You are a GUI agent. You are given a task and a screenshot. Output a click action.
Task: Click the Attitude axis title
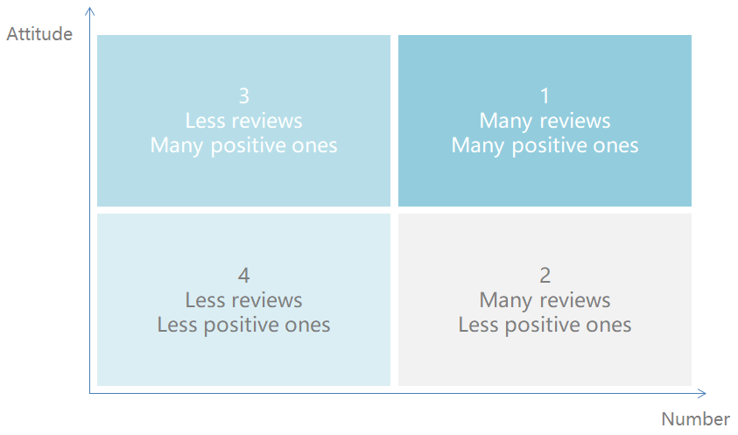click(x=39, y=34)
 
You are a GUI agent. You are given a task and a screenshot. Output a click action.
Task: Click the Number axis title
click(x=695, y=418)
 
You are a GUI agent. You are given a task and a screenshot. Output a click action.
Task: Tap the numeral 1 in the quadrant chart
click(x=545, y=96)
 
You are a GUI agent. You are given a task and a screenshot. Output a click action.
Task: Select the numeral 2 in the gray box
click(x=545, y=276)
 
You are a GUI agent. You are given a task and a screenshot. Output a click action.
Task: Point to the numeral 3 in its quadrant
click(x=243, y=96)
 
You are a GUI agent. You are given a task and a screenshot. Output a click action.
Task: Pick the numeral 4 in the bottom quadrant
click(x=243, y=276)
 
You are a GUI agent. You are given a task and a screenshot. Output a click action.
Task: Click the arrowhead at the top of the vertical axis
click(x=89, y=11)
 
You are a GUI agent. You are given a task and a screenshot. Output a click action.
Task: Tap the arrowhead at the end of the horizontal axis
click(x=702, y=393)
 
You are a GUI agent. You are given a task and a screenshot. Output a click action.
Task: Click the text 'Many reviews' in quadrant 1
click(x=545, y=122)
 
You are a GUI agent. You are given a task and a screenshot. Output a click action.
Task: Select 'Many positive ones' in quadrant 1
click(x=545, y=146)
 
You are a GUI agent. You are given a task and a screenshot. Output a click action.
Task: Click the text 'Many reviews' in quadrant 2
click(x=545, y=301)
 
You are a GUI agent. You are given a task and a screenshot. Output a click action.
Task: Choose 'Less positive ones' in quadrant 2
click(x=545, y=326)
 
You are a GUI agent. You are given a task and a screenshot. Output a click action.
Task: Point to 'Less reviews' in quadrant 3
click(x=243, y=121)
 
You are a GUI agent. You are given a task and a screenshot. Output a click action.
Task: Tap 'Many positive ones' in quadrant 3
click(x=243, y=146)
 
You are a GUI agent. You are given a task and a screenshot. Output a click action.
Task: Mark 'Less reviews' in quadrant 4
click(x=243, y=300)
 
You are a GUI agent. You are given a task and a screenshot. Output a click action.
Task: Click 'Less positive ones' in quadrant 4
click(x=243, y=326)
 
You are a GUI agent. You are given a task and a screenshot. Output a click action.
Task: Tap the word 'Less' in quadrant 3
click(x=205, y=121)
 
